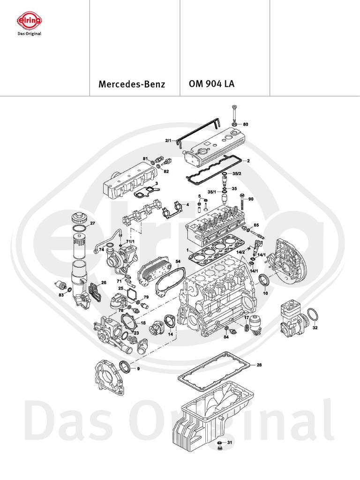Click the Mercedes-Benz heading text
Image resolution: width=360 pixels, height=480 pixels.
132,85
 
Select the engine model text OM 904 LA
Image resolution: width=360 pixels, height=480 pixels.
211,84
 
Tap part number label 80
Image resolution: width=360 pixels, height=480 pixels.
245,125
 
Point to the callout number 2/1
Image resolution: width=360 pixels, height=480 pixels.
169,140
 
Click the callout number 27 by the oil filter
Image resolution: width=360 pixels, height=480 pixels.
92,224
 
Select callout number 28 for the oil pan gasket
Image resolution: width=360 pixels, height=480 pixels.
259,364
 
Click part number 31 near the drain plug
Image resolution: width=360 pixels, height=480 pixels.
229,442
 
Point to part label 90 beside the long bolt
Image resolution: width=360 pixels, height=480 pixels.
250,199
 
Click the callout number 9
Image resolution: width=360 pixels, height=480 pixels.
138,369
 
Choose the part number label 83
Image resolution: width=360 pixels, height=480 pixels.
61,294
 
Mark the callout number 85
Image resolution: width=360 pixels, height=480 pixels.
256,225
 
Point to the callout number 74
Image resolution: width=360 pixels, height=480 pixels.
101,250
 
